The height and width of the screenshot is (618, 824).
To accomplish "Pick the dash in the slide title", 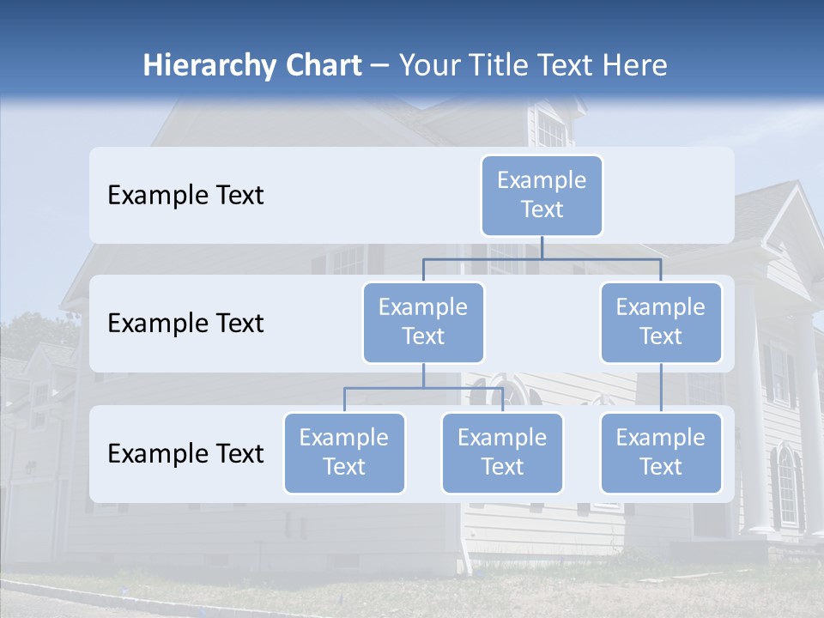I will (380, 66).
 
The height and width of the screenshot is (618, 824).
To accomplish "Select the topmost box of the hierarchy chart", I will (542, 196).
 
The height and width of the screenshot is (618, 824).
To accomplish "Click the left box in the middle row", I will (423, 323).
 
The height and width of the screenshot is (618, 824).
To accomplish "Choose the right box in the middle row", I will (661, 323).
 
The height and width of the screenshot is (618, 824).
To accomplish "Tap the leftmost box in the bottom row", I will (344, 453).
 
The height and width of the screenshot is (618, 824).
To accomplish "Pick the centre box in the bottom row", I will (502, 453).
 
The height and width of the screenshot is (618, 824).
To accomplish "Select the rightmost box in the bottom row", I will (661, 453).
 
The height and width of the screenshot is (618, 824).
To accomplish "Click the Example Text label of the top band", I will (185, 196).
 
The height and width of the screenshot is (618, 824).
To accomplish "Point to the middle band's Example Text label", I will (185, 324).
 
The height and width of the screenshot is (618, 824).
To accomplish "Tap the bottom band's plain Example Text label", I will (185, 454).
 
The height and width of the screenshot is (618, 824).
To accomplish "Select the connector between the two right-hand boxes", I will (661, 388).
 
